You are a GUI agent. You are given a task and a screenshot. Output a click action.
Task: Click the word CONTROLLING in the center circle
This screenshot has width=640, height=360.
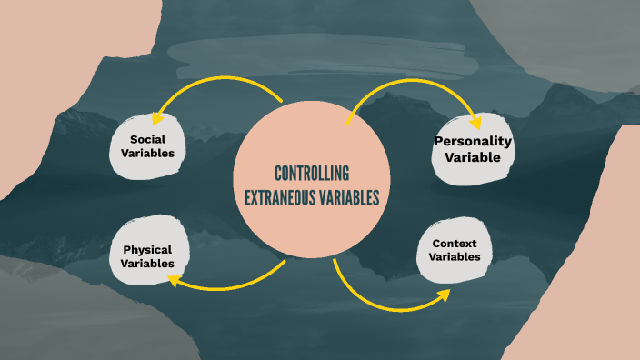click(312, 175)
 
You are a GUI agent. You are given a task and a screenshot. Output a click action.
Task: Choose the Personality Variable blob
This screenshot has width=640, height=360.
click(473, 149)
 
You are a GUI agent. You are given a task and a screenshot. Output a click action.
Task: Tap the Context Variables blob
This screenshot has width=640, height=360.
click(455, 250)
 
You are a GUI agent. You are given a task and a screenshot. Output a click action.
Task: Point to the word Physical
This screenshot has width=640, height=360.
click(148, 249)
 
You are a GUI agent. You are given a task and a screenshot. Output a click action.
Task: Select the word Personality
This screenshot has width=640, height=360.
click(473, 141)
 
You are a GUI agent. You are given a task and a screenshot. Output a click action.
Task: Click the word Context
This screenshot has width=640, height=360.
click(455, 244)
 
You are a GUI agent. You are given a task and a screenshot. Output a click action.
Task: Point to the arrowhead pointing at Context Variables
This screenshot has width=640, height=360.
click(444, 295)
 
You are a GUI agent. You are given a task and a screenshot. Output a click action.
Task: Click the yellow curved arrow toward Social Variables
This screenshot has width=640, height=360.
click(218, 84)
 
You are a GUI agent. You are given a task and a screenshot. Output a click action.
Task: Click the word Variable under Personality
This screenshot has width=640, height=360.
click(473, 157)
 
